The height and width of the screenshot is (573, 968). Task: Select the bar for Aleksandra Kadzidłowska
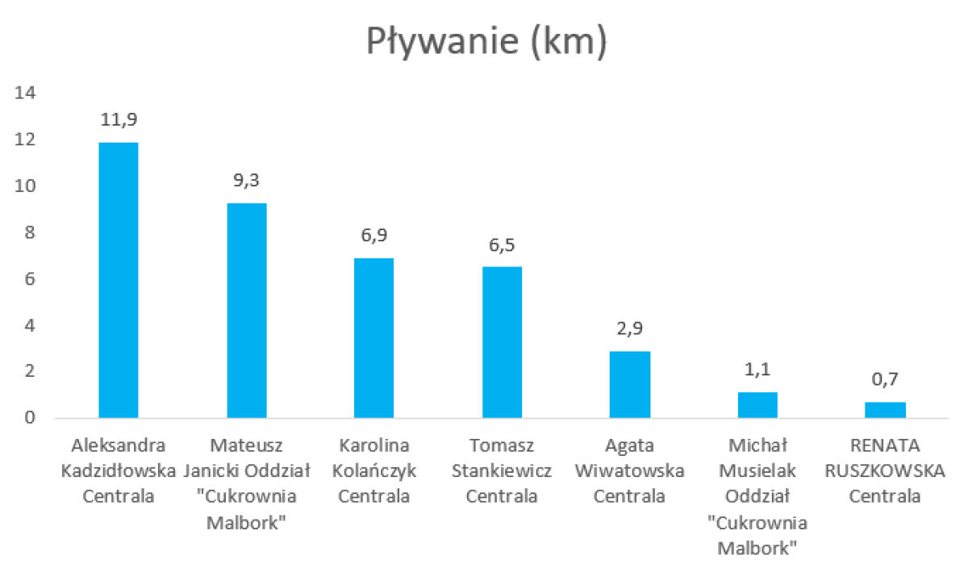(119, 280)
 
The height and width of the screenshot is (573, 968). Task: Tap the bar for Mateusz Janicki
(247, 311)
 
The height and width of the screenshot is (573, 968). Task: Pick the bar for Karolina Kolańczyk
(374, 338)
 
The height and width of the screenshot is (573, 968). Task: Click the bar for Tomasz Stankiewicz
(502, 342)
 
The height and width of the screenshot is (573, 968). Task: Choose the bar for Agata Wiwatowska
(630, 384)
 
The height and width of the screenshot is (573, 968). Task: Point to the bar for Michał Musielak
(757, 405)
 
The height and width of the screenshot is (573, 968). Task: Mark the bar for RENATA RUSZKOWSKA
(885, 410)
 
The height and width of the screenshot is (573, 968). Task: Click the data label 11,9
(119, 120)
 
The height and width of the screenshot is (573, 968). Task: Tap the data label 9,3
(247, 181)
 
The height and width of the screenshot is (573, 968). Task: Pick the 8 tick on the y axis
(31, 233)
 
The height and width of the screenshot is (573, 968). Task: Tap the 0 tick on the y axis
(31, 418)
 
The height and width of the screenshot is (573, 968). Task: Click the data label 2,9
(630, 329)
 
